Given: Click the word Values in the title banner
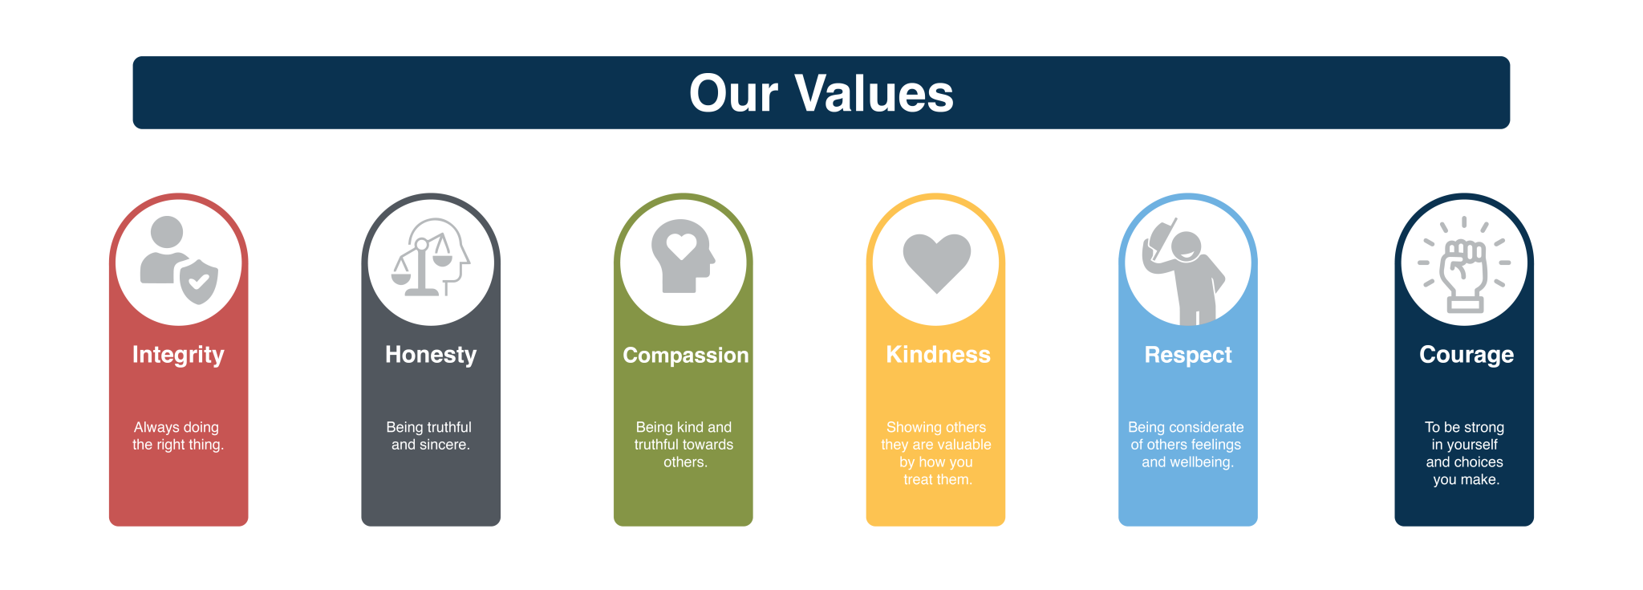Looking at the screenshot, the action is pos(874,93).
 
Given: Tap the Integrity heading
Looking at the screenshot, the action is pos(178,356).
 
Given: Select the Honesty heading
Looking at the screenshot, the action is pos(431,356).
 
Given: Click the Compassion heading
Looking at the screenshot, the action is pos(686,356).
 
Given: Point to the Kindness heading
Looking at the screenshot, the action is pos(938,355).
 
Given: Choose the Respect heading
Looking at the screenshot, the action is pos(1188,356).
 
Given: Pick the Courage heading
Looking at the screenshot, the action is pos(1467,356).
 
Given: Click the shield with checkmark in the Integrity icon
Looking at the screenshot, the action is pos(199,281).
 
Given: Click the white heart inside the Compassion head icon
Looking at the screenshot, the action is pos(681,246).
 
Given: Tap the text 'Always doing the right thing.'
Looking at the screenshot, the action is pos(178,436).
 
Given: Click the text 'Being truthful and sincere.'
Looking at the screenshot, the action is pos(430,436).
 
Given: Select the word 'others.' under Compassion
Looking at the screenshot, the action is pos(685,462).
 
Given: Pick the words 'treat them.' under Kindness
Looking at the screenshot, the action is pos(938,480).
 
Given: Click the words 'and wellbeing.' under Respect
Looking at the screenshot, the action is pos(1187,462).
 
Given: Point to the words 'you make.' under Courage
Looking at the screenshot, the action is pos(1467,480).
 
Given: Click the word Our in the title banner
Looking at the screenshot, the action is pos(733,93).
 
